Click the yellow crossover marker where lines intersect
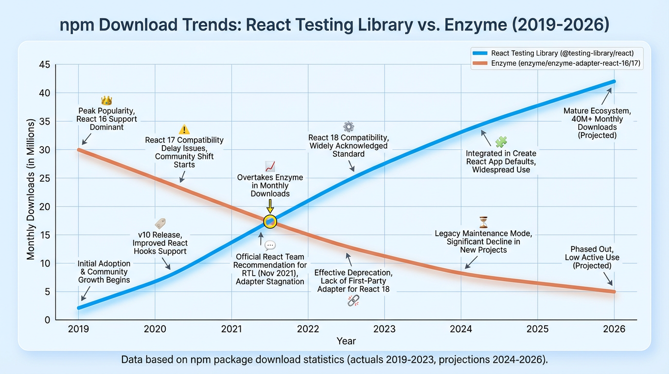270,222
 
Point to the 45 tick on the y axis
44,65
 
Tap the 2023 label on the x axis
384,329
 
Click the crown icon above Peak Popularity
106,101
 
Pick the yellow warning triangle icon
184,130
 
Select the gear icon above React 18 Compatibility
349,127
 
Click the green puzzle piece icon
501,142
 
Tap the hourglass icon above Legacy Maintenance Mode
483,223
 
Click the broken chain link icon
353,301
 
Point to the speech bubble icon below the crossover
270,245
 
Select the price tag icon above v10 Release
160,224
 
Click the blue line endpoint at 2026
614,81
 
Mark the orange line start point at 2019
79,150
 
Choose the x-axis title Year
346,341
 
